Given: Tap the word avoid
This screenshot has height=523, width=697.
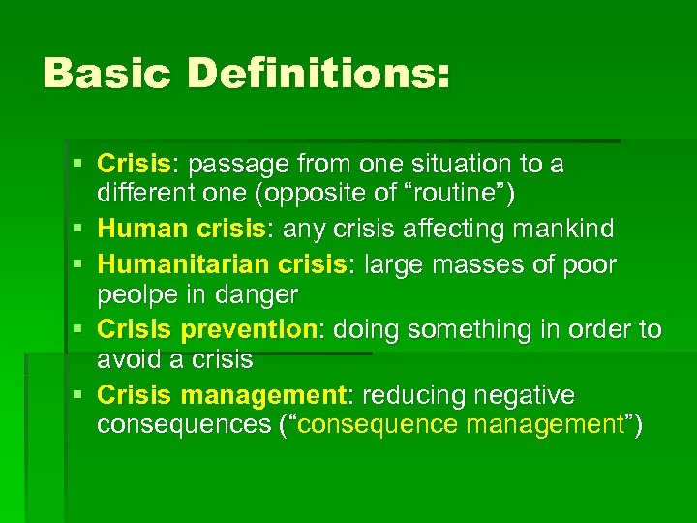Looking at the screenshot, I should click(x=128, y=359).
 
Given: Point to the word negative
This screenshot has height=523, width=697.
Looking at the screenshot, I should click(x=526, y=395).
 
